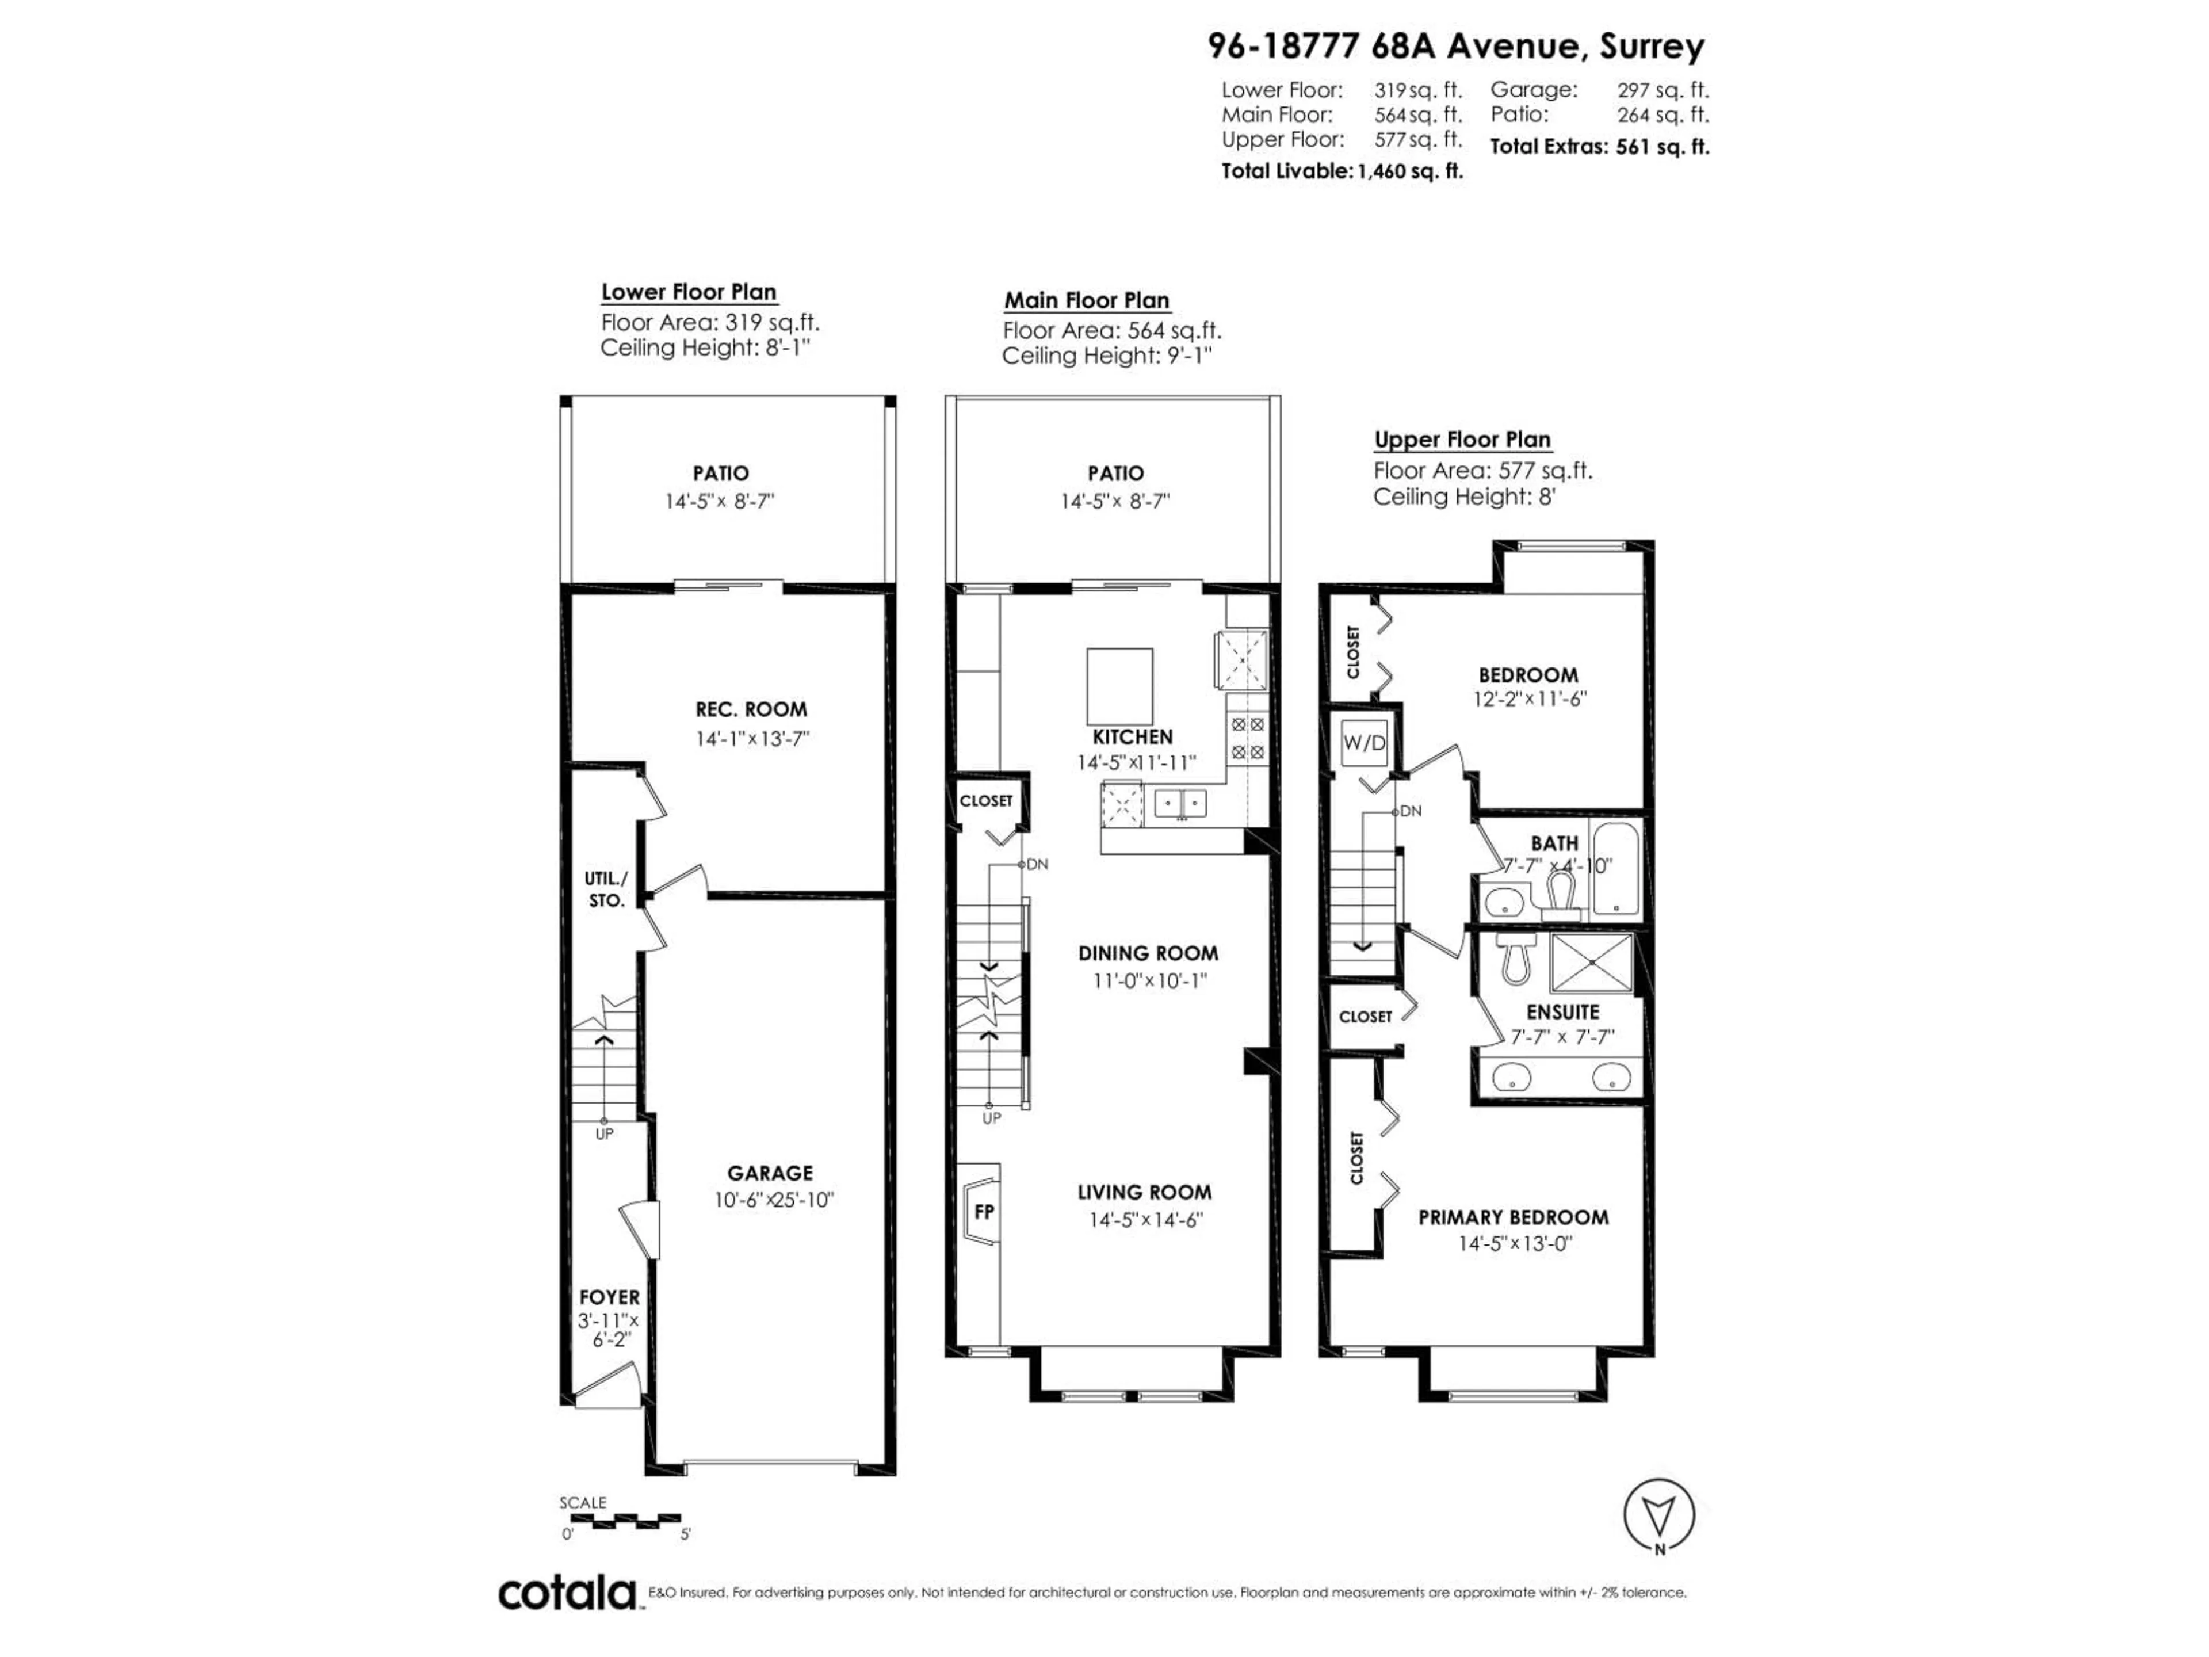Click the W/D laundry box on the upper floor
1364,742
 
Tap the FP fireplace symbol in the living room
984,1212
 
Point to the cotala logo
567,1593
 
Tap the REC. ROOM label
751,709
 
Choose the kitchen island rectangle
1119,685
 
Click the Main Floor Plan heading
1087,300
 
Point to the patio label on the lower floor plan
721,474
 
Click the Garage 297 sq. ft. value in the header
1663,90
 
